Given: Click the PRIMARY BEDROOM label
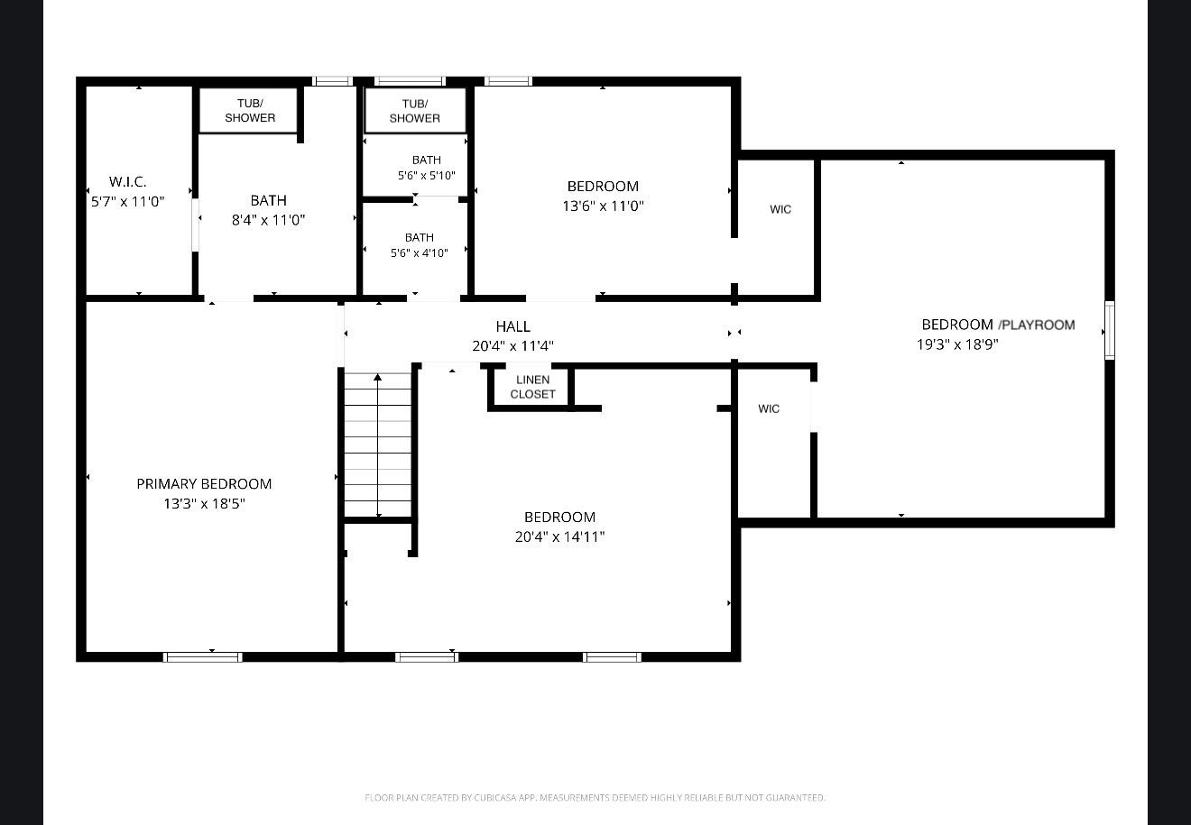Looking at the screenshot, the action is tap(204, 484).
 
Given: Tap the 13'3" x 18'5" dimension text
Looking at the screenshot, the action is tap(204, 504).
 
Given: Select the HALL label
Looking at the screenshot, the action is tap(513, 326).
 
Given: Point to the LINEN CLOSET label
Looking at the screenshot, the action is tap(532, 387).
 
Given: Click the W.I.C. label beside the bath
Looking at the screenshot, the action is tap(127, 182).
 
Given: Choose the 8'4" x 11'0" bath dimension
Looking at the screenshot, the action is tap(269, 220).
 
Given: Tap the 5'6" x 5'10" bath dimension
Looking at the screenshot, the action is tap(427, 176).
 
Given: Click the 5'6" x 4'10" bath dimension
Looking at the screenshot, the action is tap(420, 253).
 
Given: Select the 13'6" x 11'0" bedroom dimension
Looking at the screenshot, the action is tap(603, 206).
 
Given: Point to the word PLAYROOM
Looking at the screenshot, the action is tap(1038, 325).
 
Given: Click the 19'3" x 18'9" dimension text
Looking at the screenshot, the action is tap(957, 344).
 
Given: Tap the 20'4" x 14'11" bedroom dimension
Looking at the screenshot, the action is tap(560, 537).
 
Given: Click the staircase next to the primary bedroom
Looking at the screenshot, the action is tap(377, 445).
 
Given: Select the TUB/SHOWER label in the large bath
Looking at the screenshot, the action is tap(250, 111).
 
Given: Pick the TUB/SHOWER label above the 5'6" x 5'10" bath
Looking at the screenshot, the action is tap(415, 111).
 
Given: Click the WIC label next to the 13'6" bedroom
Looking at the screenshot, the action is tap(780, 209).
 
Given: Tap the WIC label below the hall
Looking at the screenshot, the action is tap(769, 408).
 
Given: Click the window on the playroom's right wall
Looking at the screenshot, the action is tap(1110, 330).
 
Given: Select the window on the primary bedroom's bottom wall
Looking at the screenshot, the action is tap(203, 657).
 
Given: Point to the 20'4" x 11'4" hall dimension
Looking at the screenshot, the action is tap(513, 346).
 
